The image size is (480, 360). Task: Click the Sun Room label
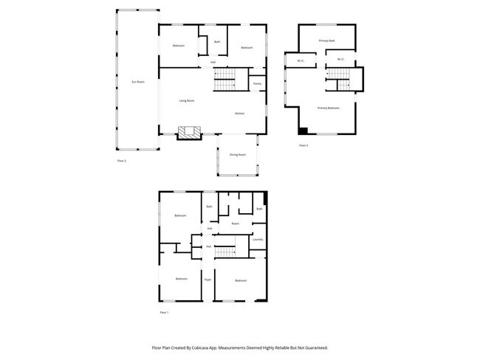pos(137,82)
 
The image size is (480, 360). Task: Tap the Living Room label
pos(187,100)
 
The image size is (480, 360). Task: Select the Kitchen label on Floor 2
pos(240,114)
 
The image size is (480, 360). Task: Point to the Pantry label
pos(257,84)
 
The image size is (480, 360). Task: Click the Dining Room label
pos(238,154)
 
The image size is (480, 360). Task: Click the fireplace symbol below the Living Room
pos(190,133)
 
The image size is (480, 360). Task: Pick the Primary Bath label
pos(327,41)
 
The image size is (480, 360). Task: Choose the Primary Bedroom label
pos(329,108)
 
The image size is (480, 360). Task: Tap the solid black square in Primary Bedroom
pos(303,131)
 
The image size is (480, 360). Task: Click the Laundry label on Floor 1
pos(258,240)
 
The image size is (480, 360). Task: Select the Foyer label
pos(208,280)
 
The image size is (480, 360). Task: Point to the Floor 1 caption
pos(164,313)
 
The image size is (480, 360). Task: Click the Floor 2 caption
pos(122,161)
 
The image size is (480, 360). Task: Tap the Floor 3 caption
pos(304,145)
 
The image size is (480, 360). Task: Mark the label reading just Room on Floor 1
pos(235,224)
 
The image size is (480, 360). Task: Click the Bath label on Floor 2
pos(217,42)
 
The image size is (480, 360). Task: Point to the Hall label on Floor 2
pos(213,62)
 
